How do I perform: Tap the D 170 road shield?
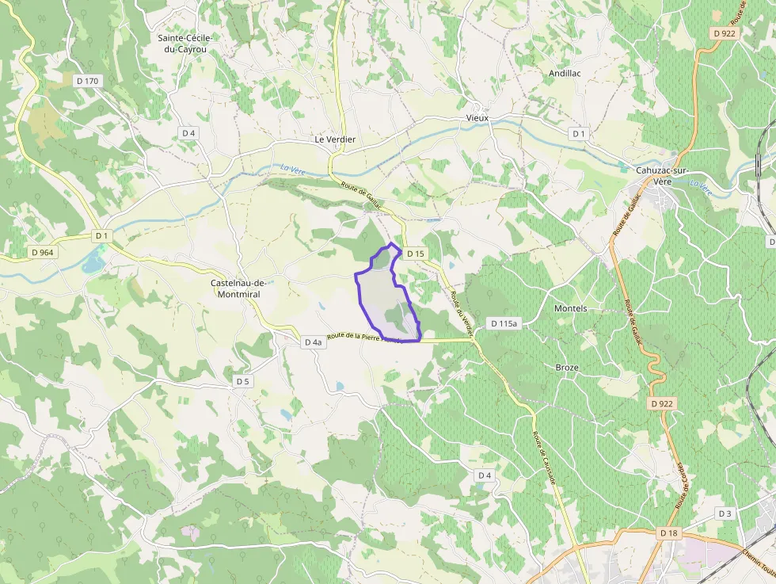click(88, 81)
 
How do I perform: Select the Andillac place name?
click(565, 73)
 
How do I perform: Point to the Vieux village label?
click(477, 118)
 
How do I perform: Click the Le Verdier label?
click(335, 139)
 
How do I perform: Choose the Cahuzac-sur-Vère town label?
click(661, 175)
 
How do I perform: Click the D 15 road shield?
click(416, 254)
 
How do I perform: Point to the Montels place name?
click(570, 308)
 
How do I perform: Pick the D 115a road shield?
click(504, 323)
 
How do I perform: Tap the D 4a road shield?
click(313, 342)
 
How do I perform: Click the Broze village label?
click(567, 368)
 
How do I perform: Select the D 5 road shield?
click(242, 381)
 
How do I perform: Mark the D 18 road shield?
click(669, 534)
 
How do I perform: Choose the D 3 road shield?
click(725, 513)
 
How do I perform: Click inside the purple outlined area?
click(380, 297)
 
